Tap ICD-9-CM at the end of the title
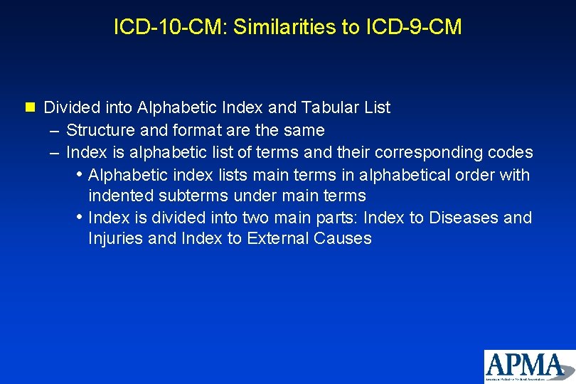(x=415, y=27)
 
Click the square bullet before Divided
(x=29, y=108)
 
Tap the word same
(x=304, y=130)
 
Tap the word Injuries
(x=115, y=239)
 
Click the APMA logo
(x=529, y=366)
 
